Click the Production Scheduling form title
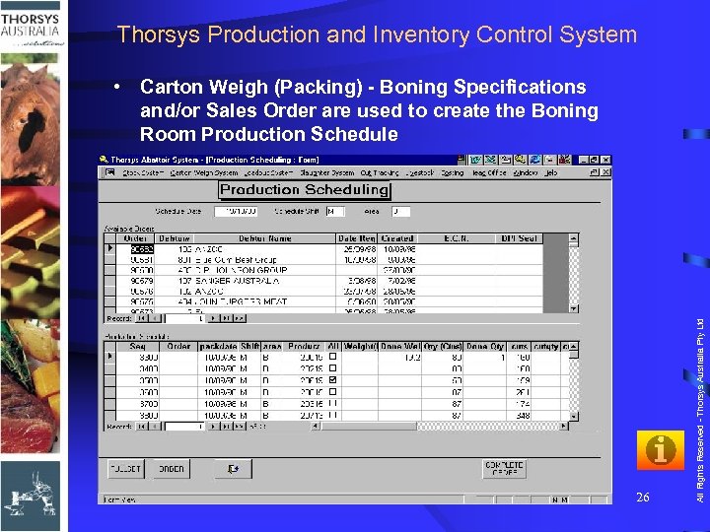(x=304, y=189)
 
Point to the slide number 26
(x=642, y=498)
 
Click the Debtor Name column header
(x=264, y=238)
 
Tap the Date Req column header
(x=355, y=238)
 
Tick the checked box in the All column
(x=333, y=379)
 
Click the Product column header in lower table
(x=305, y=347)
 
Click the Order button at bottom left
(x=171, y=469)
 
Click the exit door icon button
(x=233, y=469)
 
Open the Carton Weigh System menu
(x=203, y=171)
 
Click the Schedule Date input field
(x=236, y=211)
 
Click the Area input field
(x=399, y=211)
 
